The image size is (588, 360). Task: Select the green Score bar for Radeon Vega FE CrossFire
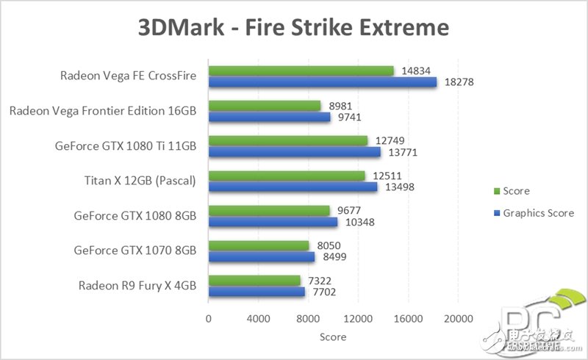(301, 71)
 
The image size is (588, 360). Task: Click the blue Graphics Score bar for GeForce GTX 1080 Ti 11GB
(294, 152)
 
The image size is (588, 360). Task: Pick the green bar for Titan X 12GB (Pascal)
(287, 176)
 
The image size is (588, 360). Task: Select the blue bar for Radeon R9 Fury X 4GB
(257, 292)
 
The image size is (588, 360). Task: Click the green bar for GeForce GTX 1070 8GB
(259, 245)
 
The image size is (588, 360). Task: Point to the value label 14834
(416, 71)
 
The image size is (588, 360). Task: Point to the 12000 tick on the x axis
(357, 319)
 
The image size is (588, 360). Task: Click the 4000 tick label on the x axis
(258, 319)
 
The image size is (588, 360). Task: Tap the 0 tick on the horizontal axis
(209, 319)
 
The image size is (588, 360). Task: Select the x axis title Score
(332, 337)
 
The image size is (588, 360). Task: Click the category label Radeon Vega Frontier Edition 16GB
(103, 111)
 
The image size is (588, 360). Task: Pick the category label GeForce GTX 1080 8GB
(135, 216)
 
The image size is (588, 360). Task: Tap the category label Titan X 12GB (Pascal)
(139, 181)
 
